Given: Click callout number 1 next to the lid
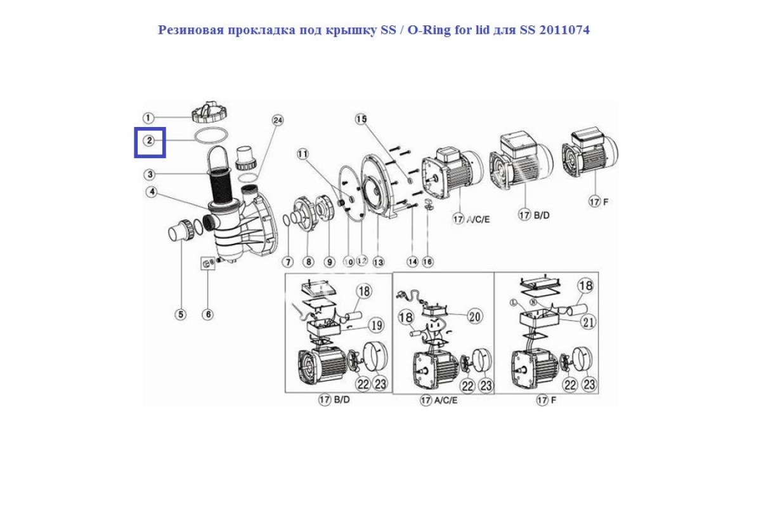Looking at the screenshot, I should [x=148, y=118].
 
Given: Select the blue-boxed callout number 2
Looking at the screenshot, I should [x=149, y=140].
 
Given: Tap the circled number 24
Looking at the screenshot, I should [x=276, y=121].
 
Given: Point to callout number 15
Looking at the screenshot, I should [x=361, y=119].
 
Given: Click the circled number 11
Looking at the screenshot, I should [x=302, y=154].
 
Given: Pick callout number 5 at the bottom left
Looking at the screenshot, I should [x=181, y=314].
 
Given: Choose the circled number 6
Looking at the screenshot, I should [x=207, y=314].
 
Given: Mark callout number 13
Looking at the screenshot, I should [x=379, y=262].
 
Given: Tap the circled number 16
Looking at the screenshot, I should [x=427, y=262].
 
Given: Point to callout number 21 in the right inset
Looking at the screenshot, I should [x=589, y=322].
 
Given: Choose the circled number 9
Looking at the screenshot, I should [x=329, y=262].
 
